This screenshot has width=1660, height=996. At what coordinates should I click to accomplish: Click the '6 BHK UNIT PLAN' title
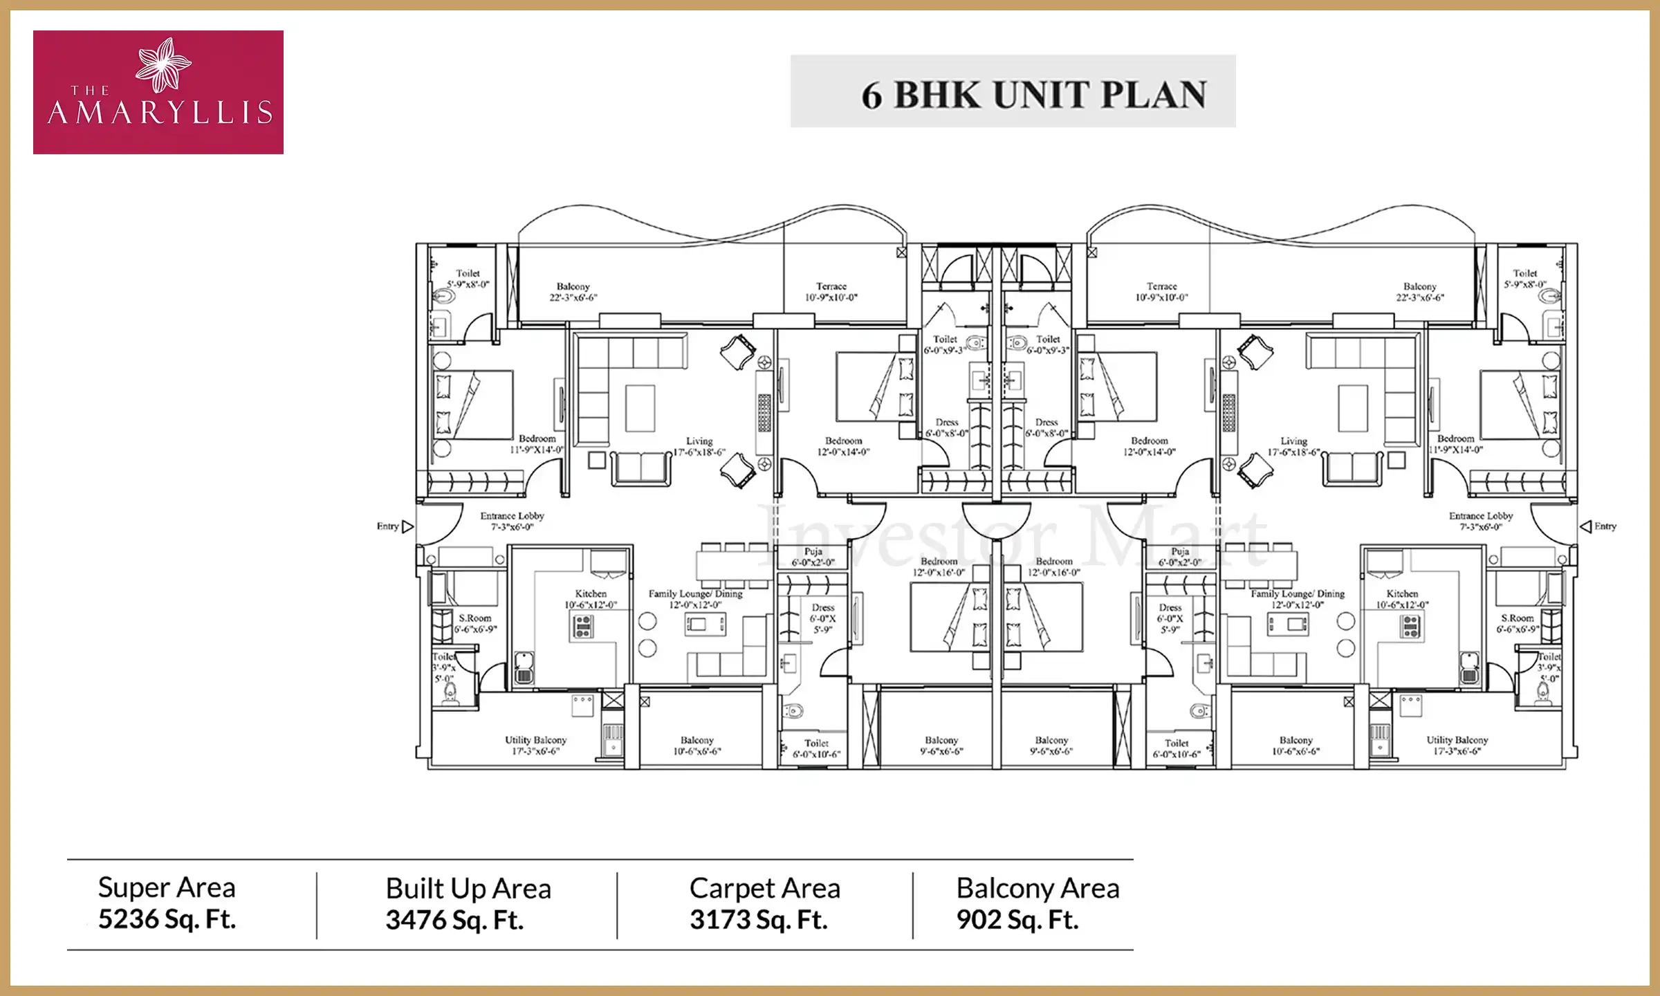(x=1033, y=95)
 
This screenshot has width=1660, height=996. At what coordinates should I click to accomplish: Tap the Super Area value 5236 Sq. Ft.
(x=167, y=919)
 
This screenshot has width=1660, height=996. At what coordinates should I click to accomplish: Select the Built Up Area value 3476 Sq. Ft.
(x=454, y=920)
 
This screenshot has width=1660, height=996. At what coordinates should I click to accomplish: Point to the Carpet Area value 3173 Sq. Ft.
(x=758, y=920)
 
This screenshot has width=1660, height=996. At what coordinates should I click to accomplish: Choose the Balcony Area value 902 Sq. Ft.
(x=1017, y=920)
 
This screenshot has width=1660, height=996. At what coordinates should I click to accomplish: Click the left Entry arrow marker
(x=407, y=527)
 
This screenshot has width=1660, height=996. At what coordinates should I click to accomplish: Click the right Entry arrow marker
(x=1586, y=527)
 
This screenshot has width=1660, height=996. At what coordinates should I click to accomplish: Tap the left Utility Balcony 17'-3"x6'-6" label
(x=535, y=745)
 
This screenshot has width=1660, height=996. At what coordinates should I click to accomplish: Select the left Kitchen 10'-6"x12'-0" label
(x=591, y=599)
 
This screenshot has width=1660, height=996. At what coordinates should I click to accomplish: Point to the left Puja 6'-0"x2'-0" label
(x=813, y=557)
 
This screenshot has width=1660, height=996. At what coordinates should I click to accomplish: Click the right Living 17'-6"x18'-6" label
(x=1293, y=446)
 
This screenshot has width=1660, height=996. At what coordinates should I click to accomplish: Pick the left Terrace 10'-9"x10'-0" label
(x=831, y=291)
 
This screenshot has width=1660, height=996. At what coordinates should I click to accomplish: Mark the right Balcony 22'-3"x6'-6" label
(x=1419, y=291)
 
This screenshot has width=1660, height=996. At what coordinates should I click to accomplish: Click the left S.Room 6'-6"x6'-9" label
(x=475, y=623)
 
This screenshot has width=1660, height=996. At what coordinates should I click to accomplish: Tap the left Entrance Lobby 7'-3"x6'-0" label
(x=512, y=521)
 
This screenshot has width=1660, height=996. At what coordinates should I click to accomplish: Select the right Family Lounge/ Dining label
(x=1297, y=599)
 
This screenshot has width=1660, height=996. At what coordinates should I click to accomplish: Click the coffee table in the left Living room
(x=640, y=408)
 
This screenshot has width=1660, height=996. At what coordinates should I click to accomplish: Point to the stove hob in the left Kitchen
(x=583, y=626)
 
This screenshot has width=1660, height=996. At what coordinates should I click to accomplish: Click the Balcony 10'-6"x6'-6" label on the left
(x=697, y=745)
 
